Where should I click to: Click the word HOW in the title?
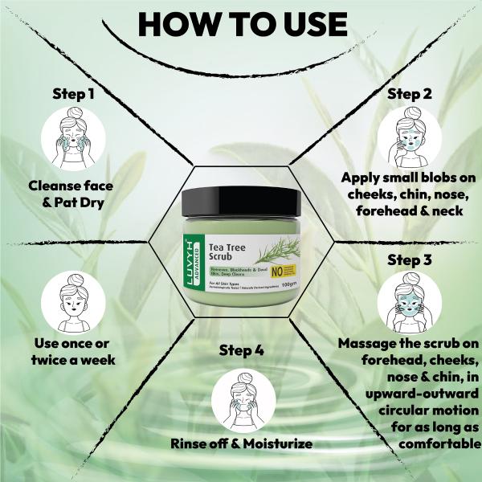pos(178,24)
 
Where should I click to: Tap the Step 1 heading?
pos(74,93)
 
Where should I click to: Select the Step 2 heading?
pos(410,93)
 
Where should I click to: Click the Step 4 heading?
pos(241,351)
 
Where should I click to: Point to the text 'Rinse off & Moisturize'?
pos(241,443)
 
